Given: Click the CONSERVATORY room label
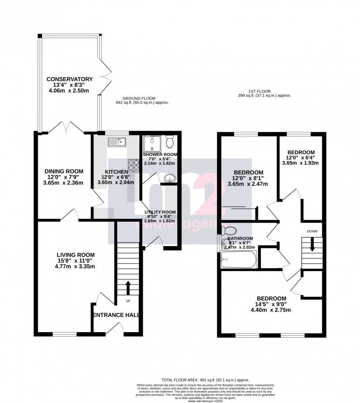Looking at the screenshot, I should tap(69, 79).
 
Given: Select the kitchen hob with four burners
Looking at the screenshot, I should tap(133, 165).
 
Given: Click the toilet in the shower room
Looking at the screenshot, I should tap(170, 142).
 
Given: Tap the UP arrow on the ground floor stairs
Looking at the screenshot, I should tap(128, 288).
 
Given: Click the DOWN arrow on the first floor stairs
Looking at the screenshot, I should tap(312, 245).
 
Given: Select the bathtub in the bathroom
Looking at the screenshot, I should tap(238, 260).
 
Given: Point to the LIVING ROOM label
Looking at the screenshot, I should tap(76, 255).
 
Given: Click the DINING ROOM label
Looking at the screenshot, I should tap(64, 171).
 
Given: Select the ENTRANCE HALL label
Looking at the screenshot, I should tap(116, 315).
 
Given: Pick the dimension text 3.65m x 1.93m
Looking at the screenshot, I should tap(301, 163).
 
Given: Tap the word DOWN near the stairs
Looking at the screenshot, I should tap(312, 231).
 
